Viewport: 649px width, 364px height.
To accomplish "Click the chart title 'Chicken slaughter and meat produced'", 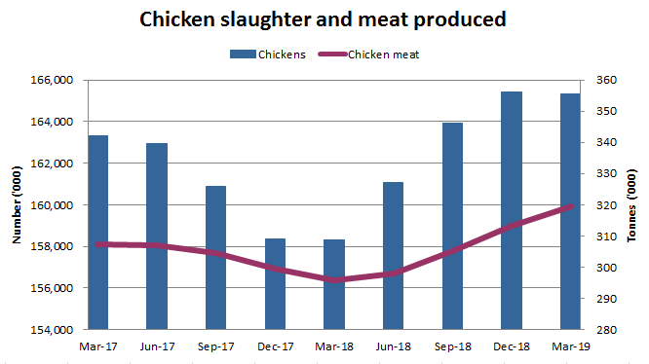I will tap(323, 19).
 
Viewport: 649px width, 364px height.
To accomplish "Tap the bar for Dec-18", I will tap(511, 210).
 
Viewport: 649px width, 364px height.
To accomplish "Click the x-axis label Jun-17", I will tap(157, 345).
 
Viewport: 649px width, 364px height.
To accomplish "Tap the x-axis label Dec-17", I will tap(275, 345).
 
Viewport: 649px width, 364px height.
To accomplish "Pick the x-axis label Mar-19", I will tap(569, 345).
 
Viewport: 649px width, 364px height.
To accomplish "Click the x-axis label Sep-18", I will tap(451, 345).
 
